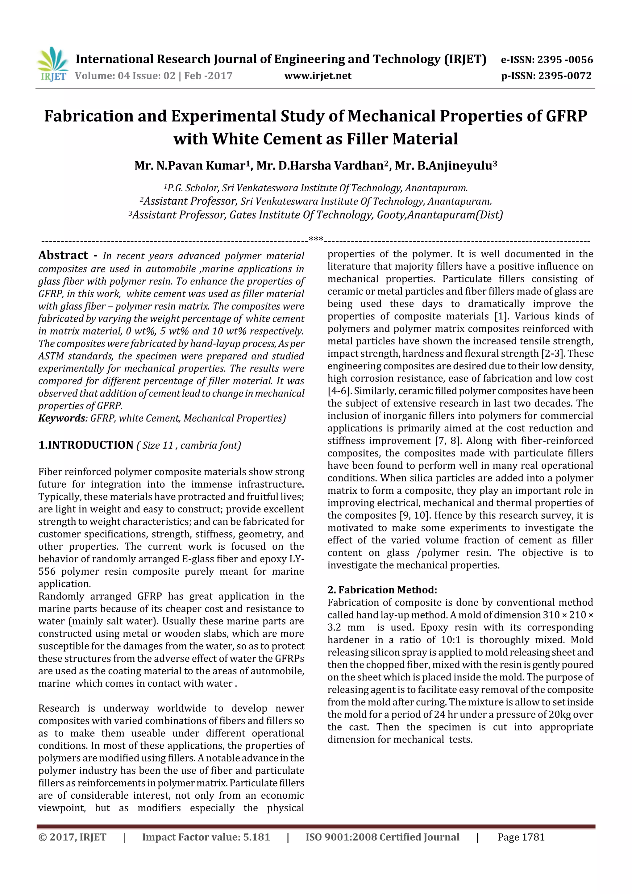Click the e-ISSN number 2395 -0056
[x=565, y=60]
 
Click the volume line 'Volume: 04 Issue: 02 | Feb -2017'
[x=153, y=76]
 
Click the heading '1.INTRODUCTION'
[x=86, y=445]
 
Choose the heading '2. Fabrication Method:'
[x=382, y=590]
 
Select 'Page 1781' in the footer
[x=521, y=837]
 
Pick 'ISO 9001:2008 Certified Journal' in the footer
[x=382, y=837]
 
